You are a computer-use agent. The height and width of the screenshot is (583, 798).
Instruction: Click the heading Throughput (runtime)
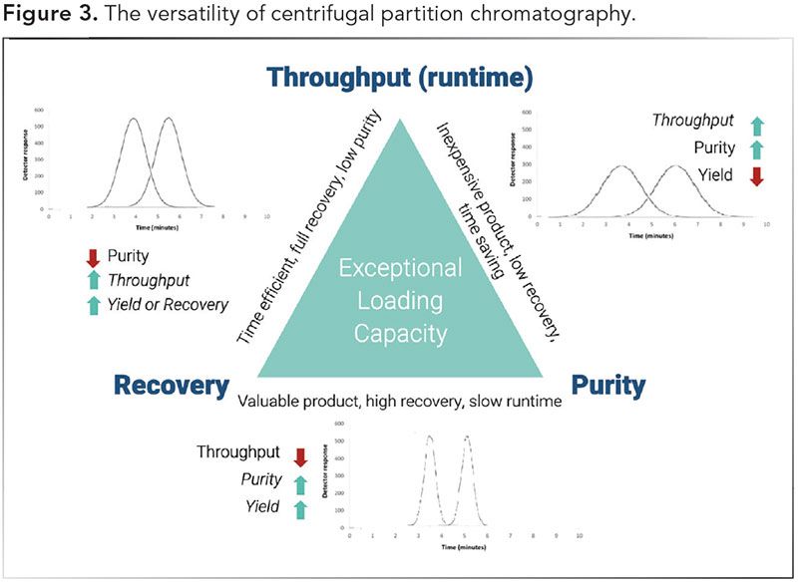coord(400,78)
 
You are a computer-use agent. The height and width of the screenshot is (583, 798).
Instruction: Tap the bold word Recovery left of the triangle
coord(172,385)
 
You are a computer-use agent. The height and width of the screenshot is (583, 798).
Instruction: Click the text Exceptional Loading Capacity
coord(400,299)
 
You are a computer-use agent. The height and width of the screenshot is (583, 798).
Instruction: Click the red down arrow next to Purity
coord(93,256)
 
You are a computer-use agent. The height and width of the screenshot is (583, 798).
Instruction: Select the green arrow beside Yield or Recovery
coord(93,305)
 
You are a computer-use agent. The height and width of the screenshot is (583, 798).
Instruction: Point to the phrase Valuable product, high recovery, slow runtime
coord(399,401)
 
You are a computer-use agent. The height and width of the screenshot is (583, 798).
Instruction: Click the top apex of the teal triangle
coord(400,120)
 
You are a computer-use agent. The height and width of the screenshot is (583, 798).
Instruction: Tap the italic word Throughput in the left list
coord(150,280)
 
